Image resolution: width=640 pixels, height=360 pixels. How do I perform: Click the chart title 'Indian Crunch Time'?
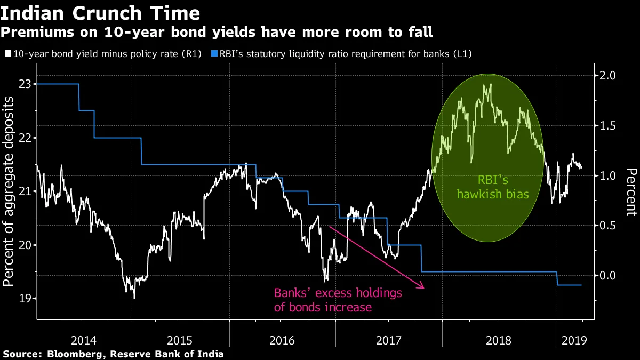(101, 13)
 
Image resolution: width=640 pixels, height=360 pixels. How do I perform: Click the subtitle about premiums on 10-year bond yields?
(217, 33)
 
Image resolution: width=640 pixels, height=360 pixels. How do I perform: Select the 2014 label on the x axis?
(84, 340)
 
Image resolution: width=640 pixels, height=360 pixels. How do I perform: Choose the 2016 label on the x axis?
(282, 340)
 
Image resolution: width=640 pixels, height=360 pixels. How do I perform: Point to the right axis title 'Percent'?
(631, 192)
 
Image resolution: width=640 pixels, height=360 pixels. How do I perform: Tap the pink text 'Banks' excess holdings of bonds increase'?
(338, 300)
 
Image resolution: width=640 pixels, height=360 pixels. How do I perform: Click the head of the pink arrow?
(423, 288)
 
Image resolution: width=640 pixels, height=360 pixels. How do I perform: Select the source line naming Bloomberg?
(113, 354)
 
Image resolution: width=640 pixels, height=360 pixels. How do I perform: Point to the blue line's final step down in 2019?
(557, 278)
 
